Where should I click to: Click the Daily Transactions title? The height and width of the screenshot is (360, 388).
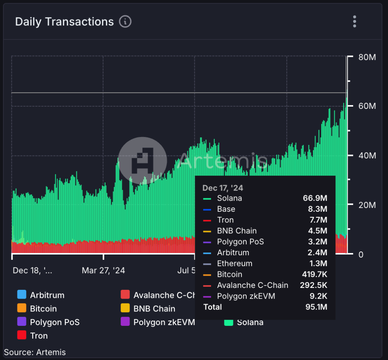click(x=64, y=22)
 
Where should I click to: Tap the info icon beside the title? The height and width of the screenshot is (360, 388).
click(x=125, y=22)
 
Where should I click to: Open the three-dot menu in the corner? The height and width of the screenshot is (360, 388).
click(x=354, y=22)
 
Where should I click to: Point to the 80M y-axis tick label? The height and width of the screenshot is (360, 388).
click(x=367, y=57)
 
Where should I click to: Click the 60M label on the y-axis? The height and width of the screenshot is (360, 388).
click(x=367, y=106)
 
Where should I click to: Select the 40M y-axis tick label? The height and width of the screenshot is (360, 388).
click(x=367, y=156)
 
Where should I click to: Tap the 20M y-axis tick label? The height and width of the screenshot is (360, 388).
click(x=367, y=205)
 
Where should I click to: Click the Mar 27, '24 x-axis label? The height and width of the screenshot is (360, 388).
click(x=103, y=270)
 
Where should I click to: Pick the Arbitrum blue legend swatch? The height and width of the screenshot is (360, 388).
click(x=22, y=295)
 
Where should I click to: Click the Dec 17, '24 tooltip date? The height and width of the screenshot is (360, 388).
click(x=223, y=188)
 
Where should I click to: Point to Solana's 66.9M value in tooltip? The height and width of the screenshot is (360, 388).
click(x=315, y=198)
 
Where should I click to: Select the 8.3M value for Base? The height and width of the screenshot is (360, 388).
click(x=317, y=209)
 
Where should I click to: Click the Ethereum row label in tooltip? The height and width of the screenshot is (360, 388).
click(x=235, y=263)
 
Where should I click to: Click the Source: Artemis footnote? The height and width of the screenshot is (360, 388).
click(x=35, y=352)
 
